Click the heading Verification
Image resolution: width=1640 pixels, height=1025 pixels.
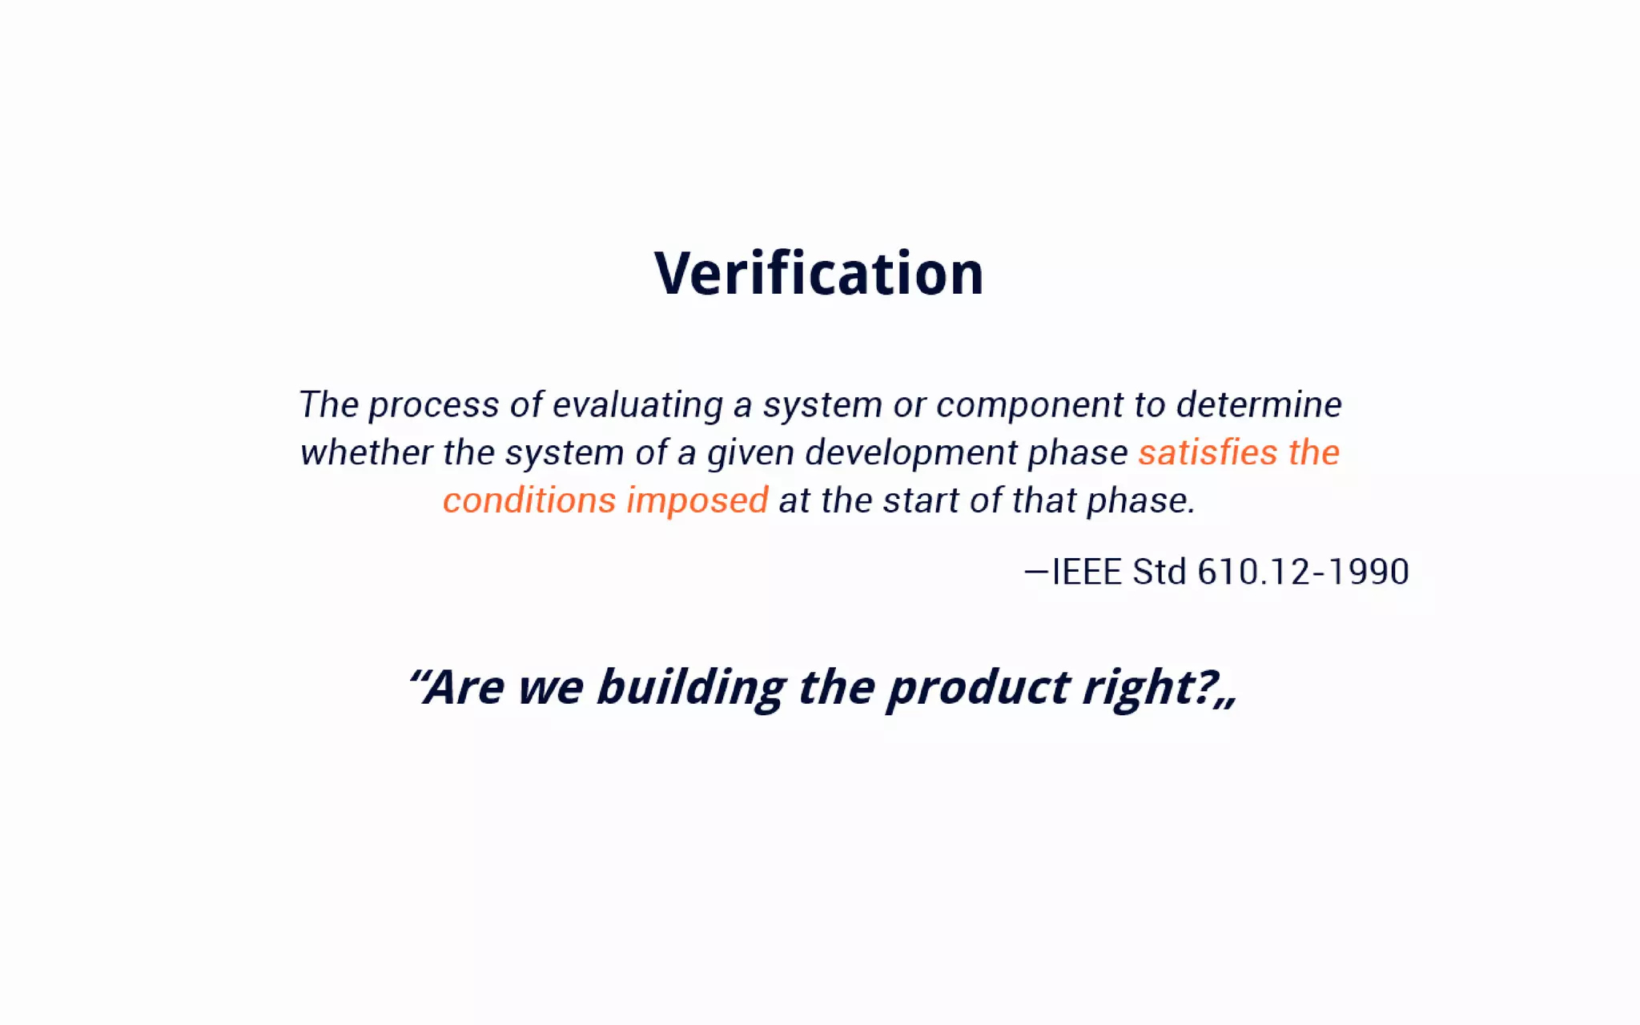pyautogui.click(x=818, y=274)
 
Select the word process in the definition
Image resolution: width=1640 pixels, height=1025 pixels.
pyautogui.click(x=433, y=405)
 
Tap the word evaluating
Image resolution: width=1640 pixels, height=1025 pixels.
pyautogui.click(x=637, y=405)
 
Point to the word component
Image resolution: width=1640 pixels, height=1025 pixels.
pyautogui.click(x=1030, y=405)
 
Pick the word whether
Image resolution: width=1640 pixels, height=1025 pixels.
pyautogui.click(x=366, y=452)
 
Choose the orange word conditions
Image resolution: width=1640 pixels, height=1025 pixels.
pyautogui.click(x=529, y=500)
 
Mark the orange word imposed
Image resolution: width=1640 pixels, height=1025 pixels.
pyautogui.click(x=697, y=501)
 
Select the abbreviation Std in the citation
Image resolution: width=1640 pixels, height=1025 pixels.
pyautogui.click(x=1159, y=572)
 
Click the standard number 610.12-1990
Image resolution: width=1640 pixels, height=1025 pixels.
pyautogui.click(x=1303, y=572)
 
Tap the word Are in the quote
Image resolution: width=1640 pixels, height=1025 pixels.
pyautogui.click(x=464, y=687)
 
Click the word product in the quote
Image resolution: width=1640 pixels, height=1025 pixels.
pyautogui.click(x=979, y=687)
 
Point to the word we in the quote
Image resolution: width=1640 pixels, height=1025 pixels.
pyautogui.click(x=550, y=687)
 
